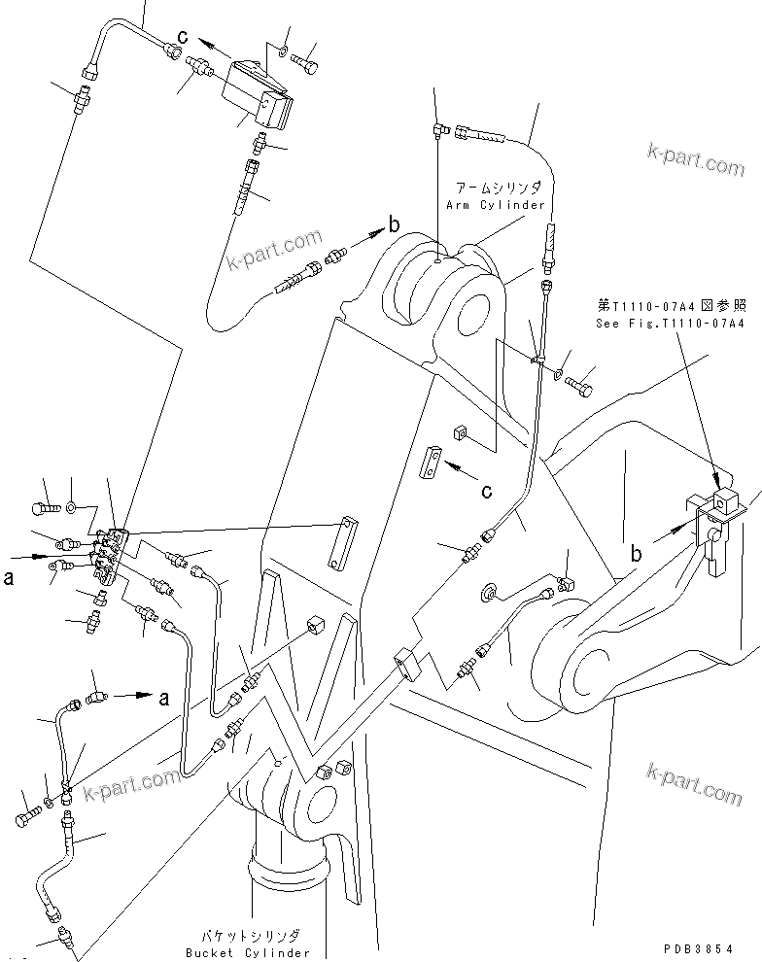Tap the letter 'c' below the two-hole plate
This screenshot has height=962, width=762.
(487, 492)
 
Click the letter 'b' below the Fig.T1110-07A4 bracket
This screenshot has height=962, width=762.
(637, 554)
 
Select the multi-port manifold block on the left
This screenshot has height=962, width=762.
(109, 556)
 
